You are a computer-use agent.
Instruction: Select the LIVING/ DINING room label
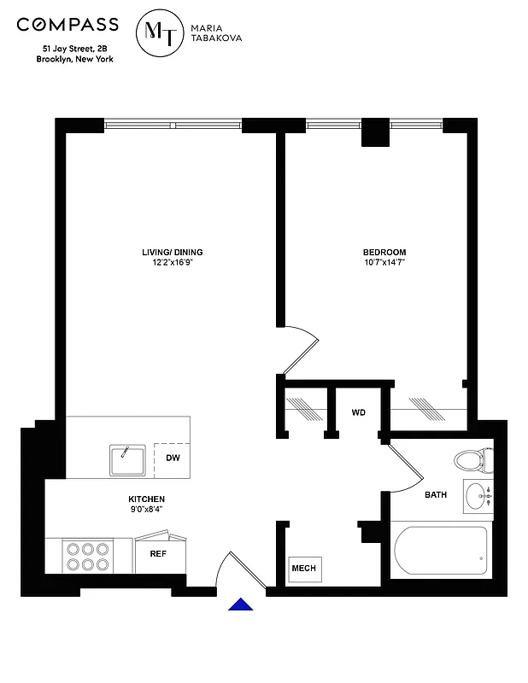[172, 252]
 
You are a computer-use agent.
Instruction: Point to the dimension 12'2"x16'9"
[172, 263]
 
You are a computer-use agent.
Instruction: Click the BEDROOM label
[384, 252]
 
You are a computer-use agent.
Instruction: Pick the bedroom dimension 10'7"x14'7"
[384, 263]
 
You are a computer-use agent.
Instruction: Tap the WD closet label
[359, 412]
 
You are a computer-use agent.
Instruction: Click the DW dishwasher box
[173, 458]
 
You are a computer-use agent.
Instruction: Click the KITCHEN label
[146, 499]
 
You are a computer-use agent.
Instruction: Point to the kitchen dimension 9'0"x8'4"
[146, 510]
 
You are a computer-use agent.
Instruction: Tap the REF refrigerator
[158, 553]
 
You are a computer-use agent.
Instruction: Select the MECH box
[304, 569]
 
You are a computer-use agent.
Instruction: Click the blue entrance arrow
[242, 604]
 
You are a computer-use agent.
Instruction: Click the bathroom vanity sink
[478, 496]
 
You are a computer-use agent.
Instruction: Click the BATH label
[436, 494]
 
